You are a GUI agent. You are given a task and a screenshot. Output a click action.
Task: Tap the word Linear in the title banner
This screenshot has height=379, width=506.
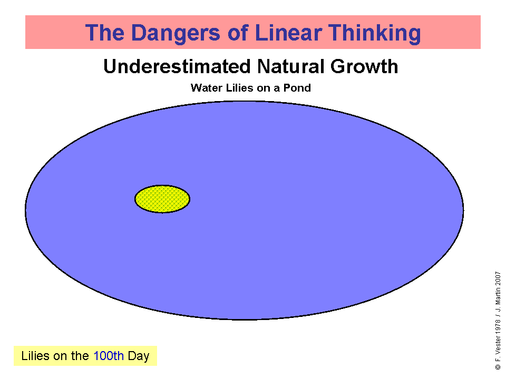(x=288, y=33)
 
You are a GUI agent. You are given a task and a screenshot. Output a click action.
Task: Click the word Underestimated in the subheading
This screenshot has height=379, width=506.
(x=177, y=66)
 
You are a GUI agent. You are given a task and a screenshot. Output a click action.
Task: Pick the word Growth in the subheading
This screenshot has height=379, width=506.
(x=364, y=66)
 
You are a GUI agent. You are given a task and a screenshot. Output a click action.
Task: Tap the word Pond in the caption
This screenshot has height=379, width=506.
(x=297, y=88)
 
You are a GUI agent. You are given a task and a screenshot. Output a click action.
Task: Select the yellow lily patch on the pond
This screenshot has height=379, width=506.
(x=162, y=199)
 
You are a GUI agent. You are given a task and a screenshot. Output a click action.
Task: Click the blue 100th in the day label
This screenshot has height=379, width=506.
(x=109, y=356)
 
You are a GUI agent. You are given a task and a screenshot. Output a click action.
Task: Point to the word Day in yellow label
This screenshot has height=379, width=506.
(x=139, y=356)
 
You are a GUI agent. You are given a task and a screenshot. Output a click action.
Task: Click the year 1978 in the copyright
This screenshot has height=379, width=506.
(x=498, y=327)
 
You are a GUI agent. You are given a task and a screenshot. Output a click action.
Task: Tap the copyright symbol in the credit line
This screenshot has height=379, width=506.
(x=498, y=367)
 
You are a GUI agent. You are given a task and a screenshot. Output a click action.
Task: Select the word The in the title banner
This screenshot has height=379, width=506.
(x=105, y=33)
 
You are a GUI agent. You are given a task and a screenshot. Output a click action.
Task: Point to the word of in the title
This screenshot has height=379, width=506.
(x=238, y=33)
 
